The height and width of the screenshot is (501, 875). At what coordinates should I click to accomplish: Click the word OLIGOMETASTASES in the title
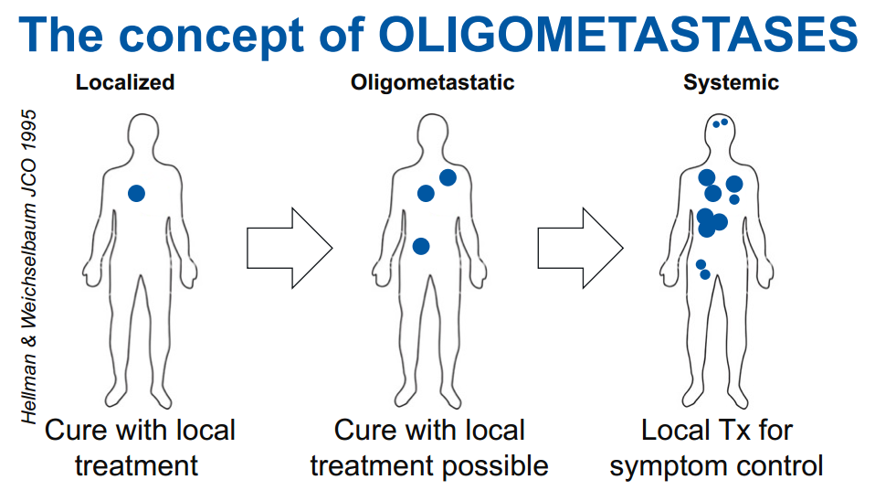[618, 34]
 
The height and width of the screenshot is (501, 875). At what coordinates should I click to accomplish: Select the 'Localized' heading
[125, 82]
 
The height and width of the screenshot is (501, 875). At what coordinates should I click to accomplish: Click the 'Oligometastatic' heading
[433, 82]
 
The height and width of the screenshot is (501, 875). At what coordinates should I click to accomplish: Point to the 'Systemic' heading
[731, 82]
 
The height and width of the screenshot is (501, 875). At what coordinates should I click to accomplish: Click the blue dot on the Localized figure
[137, 193]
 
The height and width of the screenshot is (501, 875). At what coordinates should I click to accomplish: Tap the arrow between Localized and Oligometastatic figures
[290, 248]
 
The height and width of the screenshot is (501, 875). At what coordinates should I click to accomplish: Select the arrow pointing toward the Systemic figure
[580, 248]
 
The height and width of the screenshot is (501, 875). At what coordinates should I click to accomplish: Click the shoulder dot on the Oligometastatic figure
[448, 177]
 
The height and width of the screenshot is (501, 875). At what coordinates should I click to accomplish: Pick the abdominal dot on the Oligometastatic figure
[421, 246]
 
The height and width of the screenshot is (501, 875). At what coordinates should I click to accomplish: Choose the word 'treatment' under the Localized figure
[137, 466]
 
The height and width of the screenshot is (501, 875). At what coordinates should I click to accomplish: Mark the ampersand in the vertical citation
[28, 339]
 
